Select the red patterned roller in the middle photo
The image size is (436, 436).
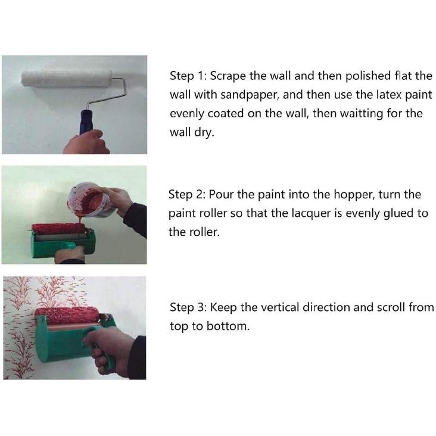pyautogui.click(x=58, y=228)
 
